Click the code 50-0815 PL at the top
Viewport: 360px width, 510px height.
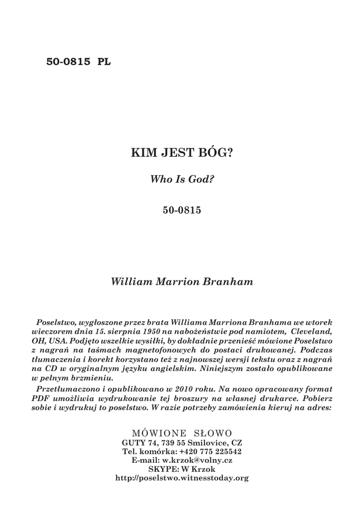[x=79, y=62]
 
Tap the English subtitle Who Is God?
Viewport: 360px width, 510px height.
[x=182, y=179]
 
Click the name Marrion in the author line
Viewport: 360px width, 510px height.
[x=179, y=282]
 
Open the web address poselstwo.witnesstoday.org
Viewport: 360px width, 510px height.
[x=182, y=478]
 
